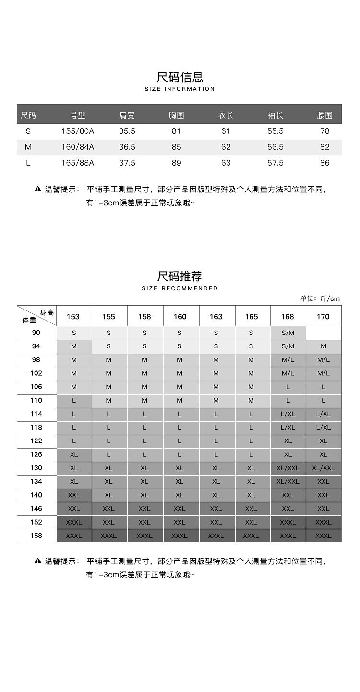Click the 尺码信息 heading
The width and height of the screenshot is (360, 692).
(x=180, y=77)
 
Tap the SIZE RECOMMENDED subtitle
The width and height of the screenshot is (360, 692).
(x=180, y=288)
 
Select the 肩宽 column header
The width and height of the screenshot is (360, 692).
(x=127, y=115)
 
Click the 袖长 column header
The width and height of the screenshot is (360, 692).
(x=276, y=115)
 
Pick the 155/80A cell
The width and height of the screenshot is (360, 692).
(x=78, y=131)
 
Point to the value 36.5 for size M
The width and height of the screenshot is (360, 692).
(x=127, y=147)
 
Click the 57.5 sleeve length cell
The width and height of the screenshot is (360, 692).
(x=276, y=163)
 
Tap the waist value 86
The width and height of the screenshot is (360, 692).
(x=325, y=163)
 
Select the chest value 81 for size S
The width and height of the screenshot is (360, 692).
(x=177, y=131)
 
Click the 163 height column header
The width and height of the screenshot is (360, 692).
(x=216, y=316)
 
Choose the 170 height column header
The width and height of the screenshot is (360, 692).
(x=324, y=316)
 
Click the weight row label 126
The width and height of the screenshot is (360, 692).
(x=36, y=454)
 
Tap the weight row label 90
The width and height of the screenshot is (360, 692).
(x=36, y=333)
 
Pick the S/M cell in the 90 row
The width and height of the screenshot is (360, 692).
(x=288, y=333)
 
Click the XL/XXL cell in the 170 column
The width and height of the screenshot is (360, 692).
(x=324, y=468)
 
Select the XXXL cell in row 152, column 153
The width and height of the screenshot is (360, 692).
(x=74, y=522)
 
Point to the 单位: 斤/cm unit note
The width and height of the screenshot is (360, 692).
(x=320, y=298)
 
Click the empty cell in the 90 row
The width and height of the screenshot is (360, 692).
(x=324, y=333)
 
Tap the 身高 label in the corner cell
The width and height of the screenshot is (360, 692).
(x=47, y=312)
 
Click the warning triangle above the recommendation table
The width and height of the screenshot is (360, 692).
(x=38, y=189)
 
